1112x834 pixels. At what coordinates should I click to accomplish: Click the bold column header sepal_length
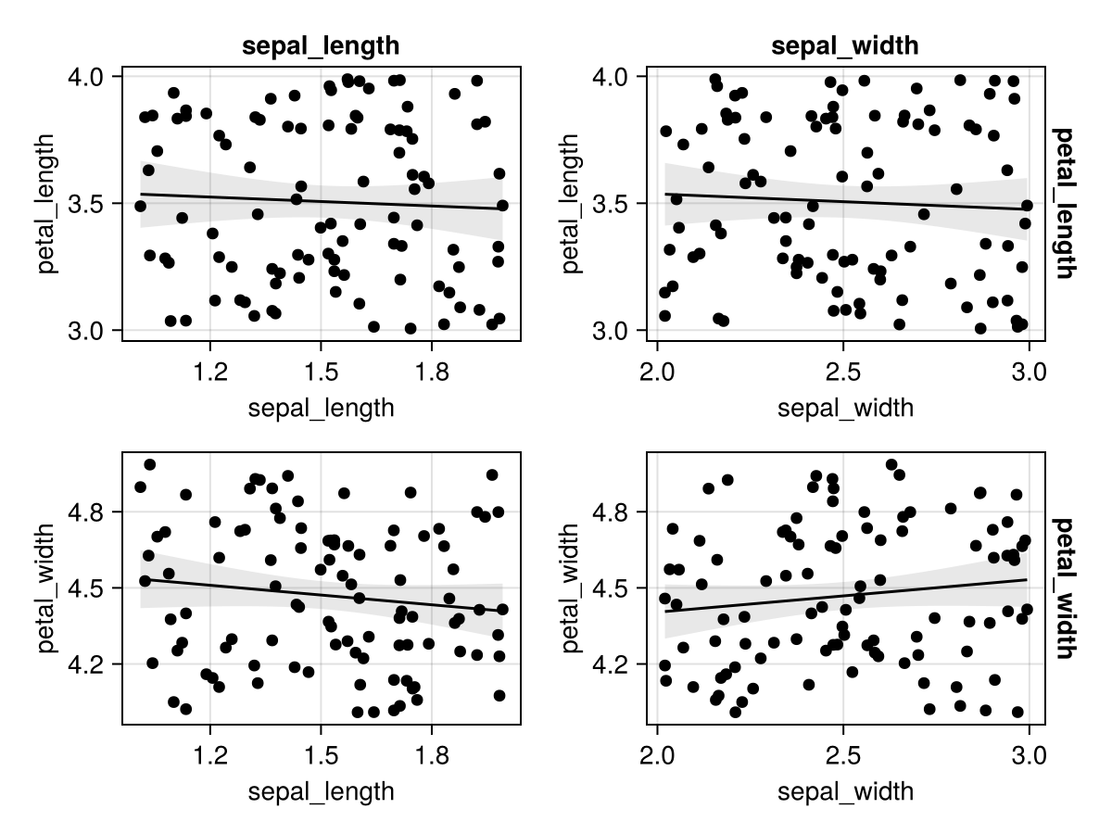(x=321, y=46)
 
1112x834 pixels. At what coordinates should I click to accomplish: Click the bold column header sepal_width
(x=845, y=46)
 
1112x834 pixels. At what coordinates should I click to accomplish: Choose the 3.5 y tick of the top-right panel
(x=614, y=203)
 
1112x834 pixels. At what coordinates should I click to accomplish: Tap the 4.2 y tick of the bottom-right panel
(x=614, y=664)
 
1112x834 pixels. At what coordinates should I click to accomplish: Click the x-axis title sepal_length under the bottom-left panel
(x=321, y=791)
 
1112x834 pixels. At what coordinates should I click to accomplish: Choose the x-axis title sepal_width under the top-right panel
(x=845, y=408)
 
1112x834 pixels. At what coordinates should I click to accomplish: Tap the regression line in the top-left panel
(x=321, y=201)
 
